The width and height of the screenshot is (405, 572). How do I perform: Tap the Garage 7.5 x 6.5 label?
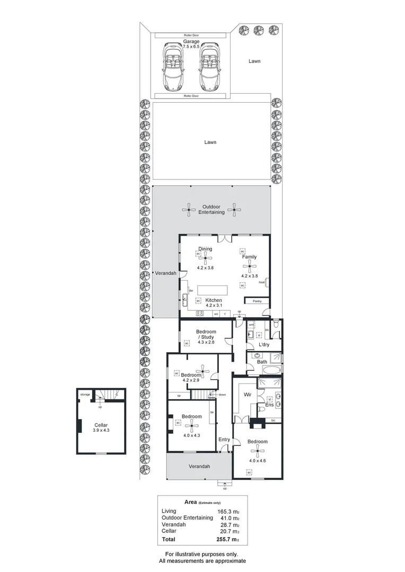(191, 44)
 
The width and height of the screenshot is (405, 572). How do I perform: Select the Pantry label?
(258, 301)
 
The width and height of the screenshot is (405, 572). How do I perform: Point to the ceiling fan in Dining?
(205, 258)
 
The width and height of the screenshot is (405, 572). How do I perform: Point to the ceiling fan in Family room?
(249, 266)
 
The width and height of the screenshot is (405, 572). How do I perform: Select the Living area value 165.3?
(226, 511)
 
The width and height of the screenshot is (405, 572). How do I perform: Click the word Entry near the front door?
(224, 440)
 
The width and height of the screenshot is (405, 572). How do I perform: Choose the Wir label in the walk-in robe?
(246, 395)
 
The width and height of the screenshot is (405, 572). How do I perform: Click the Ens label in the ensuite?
(269, 406)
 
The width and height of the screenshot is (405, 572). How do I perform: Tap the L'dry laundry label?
(263, 345)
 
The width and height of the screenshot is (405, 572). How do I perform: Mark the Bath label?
(262, 362)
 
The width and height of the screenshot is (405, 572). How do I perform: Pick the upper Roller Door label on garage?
(191, 35)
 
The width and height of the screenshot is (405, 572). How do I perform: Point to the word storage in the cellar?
(85, 395)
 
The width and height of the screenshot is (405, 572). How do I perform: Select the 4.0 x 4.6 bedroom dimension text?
(258, 460)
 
